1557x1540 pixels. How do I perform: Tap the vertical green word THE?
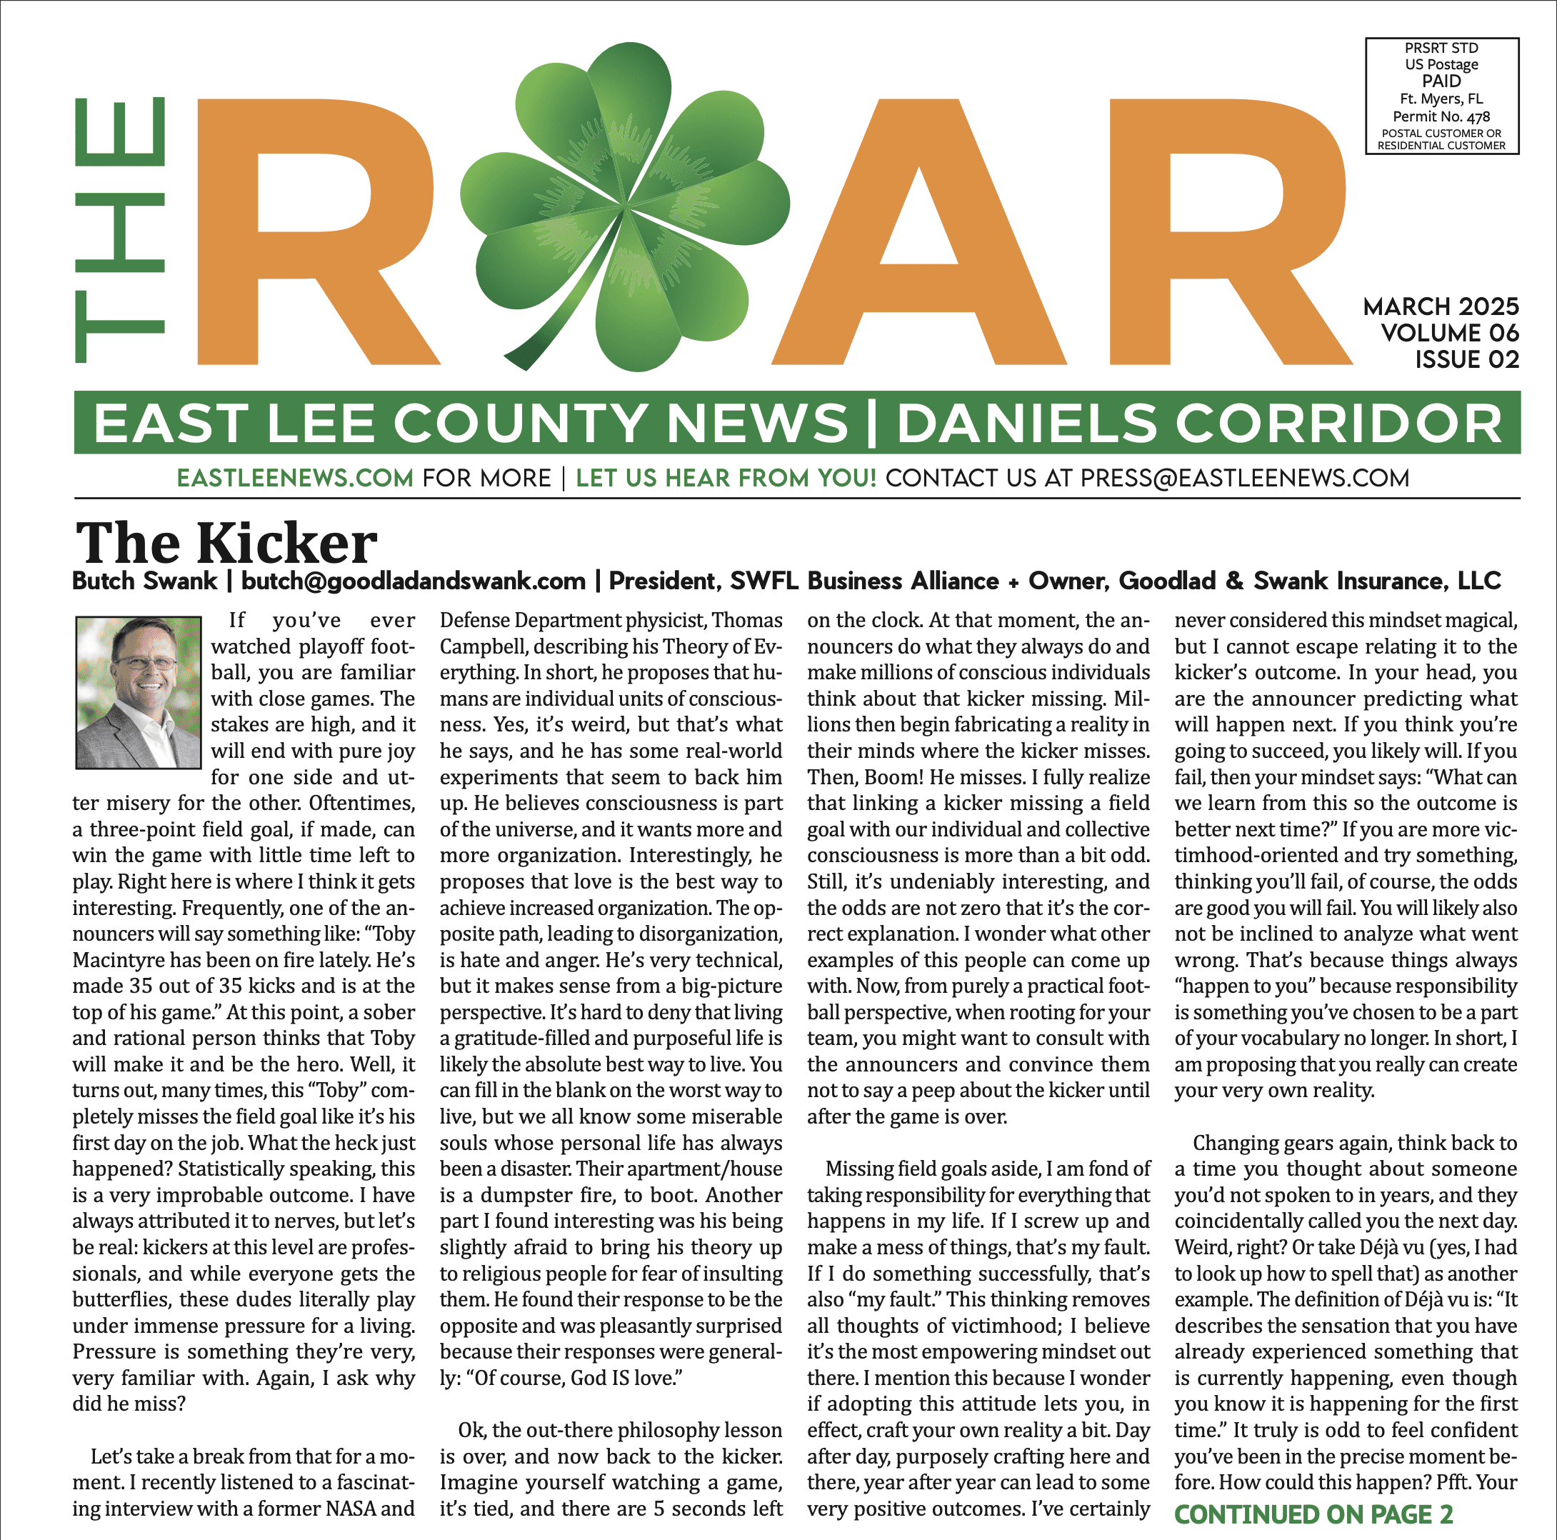click(x=121, y=230)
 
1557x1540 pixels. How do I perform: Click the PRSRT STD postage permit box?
click(x=1441, y=96)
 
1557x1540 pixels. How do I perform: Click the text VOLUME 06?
click(x=1449, y=333)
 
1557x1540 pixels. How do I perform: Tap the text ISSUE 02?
click(x=1467, y=359)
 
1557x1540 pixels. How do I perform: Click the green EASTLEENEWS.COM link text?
click(x=295, y=478)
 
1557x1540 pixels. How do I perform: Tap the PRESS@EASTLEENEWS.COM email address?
click(x=1244, y=478)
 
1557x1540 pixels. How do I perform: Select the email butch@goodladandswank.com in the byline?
click(x=414, y=581)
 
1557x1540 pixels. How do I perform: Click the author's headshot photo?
click(x=138, y=692)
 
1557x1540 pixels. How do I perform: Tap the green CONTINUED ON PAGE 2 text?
click(x=1313, y=1514)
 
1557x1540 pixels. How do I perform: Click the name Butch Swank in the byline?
click(x=145, y=581)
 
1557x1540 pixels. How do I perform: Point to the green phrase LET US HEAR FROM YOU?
click(x=726, y=478)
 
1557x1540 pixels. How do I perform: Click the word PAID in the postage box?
click(x=1441, y=81)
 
